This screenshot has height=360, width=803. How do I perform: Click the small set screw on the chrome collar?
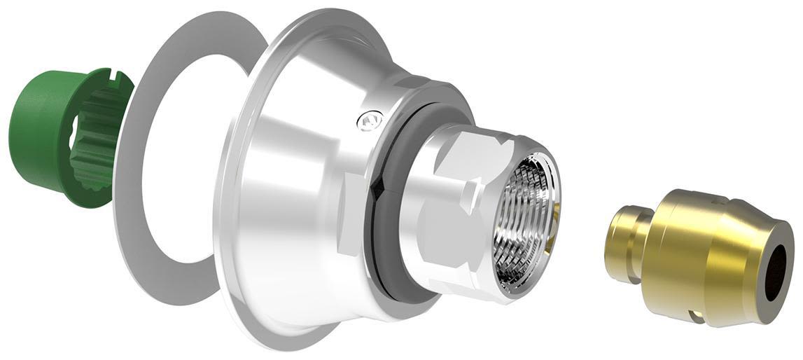(367, 122)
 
